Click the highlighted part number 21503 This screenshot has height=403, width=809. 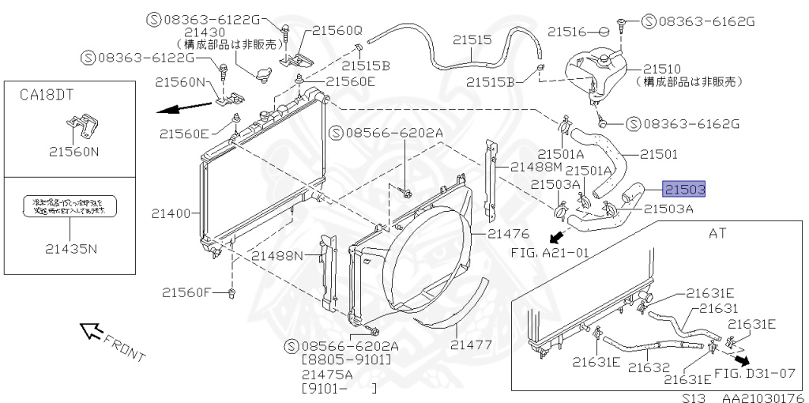coord(684,190)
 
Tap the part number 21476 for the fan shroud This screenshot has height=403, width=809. coord(508,233)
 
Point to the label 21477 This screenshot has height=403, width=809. coord(472,345)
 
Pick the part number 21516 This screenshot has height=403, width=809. coord(567,32)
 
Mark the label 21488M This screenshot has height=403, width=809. coord(536,167)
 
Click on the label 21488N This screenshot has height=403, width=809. coord(277,255)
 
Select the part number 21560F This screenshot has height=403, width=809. coord(188,292)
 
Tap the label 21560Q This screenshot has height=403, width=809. coord(337,31)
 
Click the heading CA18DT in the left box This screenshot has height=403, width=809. coord(47,95)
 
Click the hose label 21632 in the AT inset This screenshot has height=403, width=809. coord(649,367)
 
